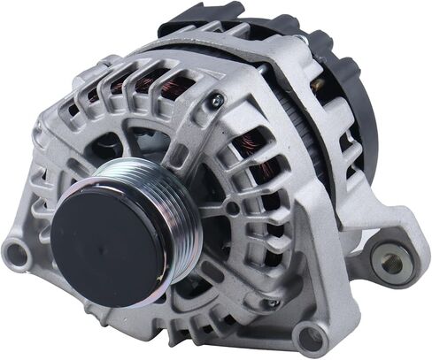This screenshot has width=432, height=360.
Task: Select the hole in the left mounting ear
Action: click(x=16, y=255)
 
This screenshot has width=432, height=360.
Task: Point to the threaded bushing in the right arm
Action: click(x=390, y=262)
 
